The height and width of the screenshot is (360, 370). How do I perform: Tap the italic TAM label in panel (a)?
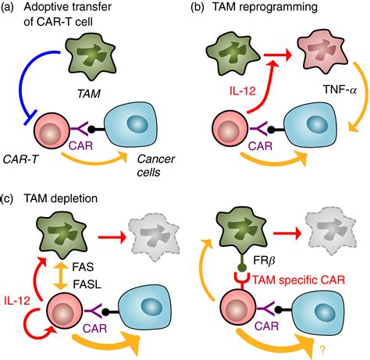click(89, 93)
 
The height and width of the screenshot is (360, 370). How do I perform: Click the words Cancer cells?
click(155, 166)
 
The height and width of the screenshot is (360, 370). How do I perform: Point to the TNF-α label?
click(340, 90)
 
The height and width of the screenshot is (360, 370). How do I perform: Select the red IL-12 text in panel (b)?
click(242, 91)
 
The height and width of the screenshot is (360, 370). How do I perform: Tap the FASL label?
click(87, 284)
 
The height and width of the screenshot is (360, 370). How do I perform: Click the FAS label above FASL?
click(84, 267)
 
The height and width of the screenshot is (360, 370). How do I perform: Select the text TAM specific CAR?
click(299, 280)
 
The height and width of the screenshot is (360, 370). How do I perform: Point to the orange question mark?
click(322, 351)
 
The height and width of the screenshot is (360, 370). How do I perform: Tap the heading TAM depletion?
click(61, 198)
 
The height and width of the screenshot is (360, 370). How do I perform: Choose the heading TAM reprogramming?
click(265, 6)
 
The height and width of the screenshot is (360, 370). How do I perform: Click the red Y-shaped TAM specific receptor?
click(242, 280)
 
